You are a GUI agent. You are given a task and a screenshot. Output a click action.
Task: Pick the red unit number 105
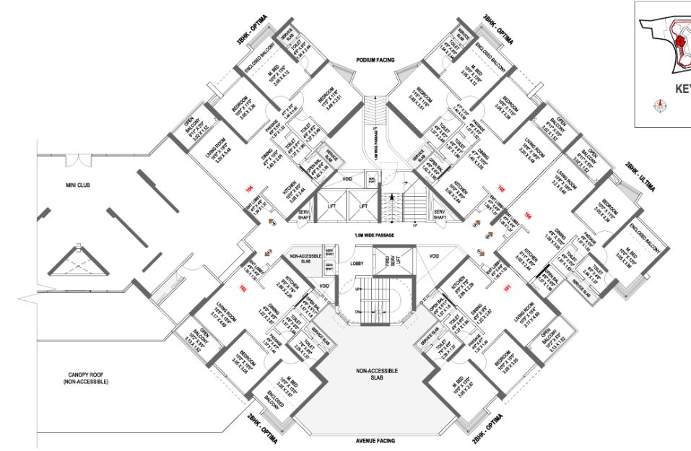[x=500, y=188]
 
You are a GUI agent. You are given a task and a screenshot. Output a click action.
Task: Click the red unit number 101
[x=507, y=287]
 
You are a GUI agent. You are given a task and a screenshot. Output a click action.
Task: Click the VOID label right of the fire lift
[x=433, y=255]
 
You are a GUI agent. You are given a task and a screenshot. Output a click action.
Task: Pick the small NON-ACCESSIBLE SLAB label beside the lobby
[x=305, y=258]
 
